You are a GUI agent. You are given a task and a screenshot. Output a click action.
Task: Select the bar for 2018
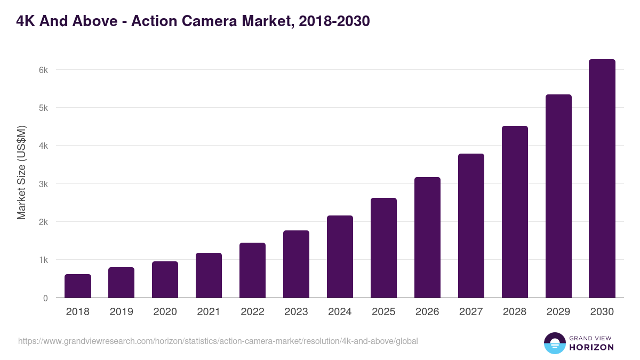point(78,286)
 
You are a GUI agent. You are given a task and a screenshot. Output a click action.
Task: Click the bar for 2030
point(602,179)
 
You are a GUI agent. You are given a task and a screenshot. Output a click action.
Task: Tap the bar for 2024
point(340,257)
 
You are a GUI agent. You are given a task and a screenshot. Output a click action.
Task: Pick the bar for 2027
point(471,226)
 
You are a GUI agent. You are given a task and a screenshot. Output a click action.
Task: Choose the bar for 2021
point(209,275)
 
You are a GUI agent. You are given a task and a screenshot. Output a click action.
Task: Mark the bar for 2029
point(558,196)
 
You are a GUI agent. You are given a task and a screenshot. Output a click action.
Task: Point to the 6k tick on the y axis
point(43,70)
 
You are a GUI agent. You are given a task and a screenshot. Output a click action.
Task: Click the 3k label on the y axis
point(43,184)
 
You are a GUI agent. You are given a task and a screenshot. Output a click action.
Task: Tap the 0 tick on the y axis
point(45,298)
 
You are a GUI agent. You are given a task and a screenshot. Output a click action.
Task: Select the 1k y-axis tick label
point(43,260)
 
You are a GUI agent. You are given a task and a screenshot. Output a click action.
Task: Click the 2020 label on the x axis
point(165,312)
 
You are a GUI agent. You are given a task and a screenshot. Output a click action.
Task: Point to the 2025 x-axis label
point(383,312)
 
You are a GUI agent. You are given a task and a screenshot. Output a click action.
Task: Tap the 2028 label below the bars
point(515,312)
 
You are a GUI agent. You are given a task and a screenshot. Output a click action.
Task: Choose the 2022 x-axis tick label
point(252,312)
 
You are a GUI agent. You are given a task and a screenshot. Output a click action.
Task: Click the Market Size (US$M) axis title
point(21,172)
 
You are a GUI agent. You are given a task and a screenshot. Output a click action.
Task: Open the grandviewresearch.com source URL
point(218,341)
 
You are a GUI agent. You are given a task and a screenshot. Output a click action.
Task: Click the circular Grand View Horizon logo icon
point(554,343)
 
